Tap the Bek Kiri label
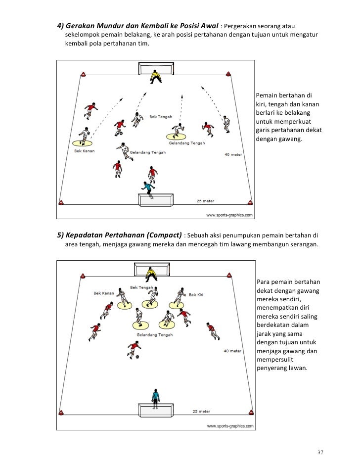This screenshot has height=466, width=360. [x=196, y=295]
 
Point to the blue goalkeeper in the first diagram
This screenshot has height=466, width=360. [x=146, y=188]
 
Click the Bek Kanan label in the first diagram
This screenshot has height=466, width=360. [x=84, y=150]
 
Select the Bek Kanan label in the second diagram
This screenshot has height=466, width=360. [x=104, y=293]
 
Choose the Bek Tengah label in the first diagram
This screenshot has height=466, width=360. [x=161, y=117]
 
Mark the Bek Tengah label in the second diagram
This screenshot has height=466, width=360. [x=141, y=287]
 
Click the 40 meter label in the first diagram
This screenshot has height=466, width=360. [x=233, y=155]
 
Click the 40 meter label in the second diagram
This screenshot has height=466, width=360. [x=232, y=351]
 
